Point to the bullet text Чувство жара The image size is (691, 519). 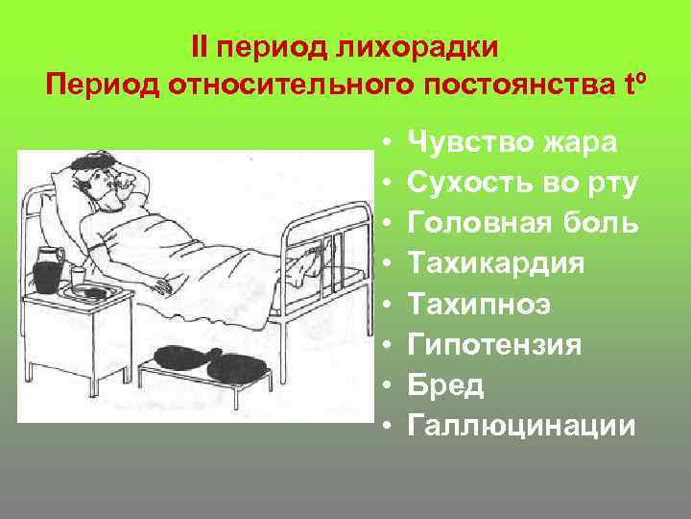512,143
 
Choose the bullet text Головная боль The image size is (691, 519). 523,224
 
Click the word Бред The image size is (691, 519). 446,384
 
